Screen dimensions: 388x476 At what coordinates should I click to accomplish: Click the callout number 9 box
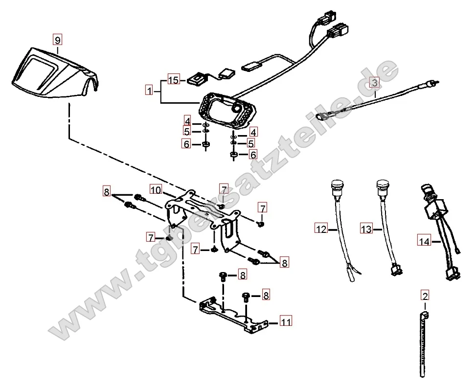58,40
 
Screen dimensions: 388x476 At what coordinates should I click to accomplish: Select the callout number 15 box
174,80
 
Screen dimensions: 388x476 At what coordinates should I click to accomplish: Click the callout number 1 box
149,91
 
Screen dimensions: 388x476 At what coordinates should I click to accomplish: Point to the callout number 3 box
374,82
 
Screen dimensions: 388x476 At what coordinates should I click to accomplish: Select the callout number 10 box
156,189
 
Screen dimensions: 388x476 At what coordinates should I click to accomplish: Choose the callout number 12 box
320,228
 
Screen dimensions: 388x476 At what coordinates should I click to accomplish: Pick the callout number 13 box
366,228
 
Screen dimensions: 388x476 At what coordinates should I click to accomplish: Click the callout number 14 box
424,240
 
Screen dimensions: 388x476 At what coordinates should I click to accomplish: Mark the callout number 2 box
425,296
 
